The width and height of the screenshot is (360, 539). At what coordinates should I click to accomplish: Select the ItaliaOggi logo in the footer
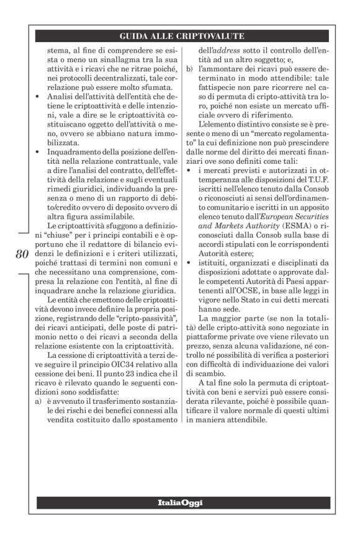pyautogui.click(x=180, y=502)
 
